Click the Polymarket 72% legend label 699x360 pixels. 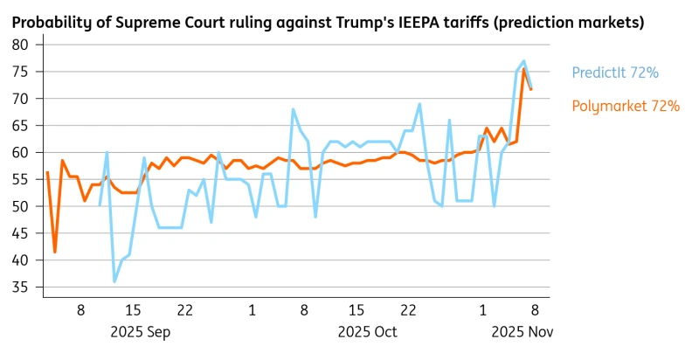[x=626, y=106]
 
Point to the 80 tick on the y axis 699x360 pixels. [x=21, y=45]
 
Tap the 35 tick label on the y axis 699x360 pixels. [x=21, y=287]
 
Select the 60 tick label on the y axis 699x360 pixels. [x=21, y=152]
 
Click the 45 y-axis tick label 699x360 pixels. [x=21, y=233]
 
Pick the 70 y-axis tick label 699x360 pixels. [x=21, y=99]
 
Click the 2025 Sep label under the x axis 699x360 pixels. [x=140, y=332]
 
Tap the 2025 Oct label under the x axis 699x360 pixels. [x=367, y=332]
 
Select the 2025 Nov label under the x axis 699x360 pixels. [x=522, y=332]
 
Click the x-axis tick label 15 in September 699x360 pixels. [x=133, y=310]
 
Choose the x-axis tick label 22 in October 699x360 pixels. [x=407, y=310]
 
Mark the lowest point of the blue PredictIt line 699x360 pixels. [x=114, y=280]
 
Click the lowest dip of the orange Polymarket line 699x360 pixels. [x=55, y=252]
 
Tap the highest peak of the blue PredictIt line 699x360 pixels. [x=523, y=61]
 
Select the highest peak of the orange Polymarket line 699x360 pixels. [x=524, y=70]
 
